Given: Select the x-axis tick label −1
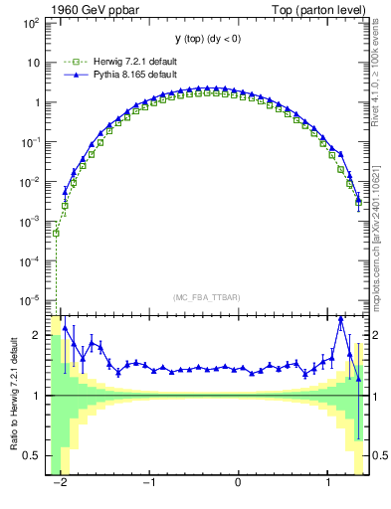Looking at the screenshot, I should click(148, 483).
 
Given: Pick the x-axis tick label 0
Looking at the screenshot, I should click(239, 483).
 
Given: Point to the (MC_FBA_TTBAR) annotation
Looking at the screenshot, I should click(206, 297).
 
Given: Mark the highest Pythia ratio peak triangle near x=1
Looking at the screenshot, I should click(341, 319).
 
